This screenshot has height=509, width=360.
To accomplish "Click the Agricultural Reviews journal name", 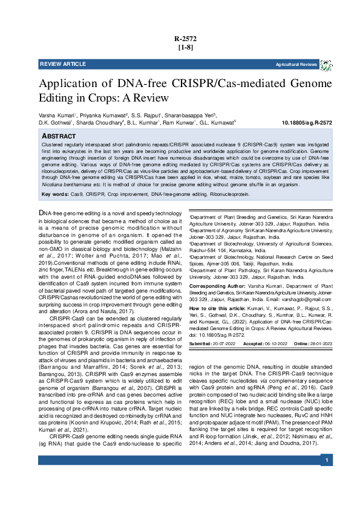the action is (296, 64).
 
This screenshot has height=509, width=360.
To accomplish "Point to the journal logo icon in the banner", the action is (326, 64).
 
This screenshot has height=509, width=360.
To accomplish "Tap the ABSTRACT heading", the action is (59, 137).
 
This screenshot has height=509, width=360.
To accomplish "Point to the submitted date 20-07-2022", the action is (224, 343).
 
